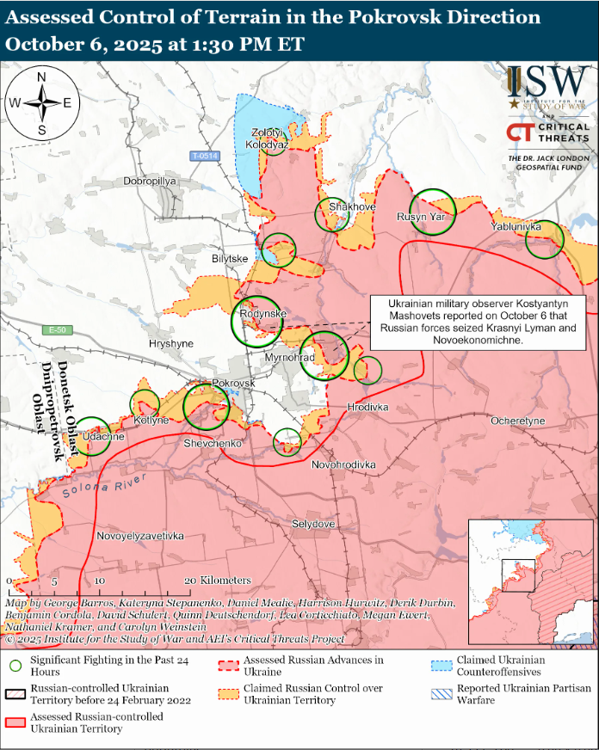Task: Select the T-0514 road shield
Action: [x=206, y=156]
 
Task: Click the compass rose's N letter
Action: [x=41, y=77]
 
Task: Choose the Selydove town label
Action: [x=313, y=523]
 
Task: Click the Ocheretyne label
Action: [x=517, y=421]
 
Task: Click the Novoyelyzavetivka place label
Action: [x=139, y=536]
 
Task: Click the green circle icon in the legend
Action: [x=16, y=666]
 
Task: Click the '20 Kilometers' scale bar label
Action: [x=217, y=581]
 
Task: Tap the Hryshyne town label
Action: [x=171, y=342]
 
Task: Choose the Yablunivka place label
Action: [x=516, y=226]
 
